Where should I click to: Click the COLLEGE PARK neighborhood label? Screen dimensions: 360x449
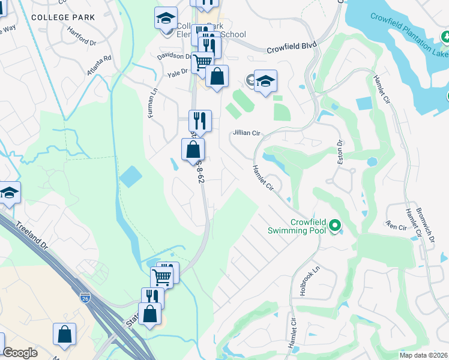point(63,17)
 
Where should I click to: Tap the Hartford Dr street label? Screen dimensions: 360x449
point(82,37)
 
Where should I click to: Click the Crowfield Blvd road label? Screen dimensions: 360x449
point(291,45)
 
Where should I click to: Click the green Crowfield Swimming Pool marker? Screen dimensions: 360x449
point(335,226)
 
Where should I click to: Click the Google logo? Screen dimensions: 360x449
point(20,353)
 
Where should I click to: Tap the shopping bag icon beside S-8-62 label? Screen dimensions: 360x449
point(193,151)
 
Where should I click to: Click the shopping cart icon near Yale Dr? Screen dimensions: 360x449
point(203,62)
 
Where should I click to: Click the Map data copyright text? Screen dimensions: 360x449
point(423,355)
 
